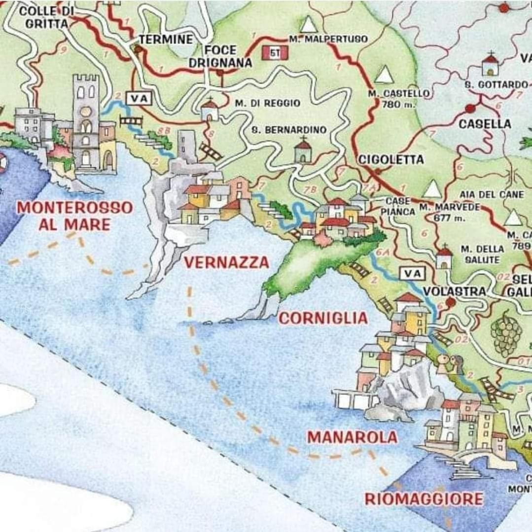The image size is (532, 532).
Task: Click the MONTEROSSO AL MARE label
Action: click(75, 216)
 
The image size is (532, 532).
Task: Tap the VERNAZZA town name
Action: click(227, 263)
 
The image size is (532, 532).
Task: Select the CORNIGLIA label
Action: click(323, 318)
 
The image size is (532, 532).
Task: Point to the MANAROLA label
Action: click(352, 437)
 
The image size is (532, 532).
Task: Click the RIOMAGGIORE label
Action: click(424, 498)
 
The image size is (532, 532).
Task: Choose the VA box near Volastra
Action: click(412, 272)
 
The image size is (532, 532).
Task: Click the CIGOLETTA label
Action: click(390, 159)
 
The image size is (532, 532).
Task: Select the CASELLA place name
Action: click(485, 124)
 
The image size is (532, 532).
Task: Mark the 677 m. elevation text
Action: click(443, 218)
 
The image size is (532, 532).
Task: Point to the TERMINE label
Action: click(165, 39)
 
